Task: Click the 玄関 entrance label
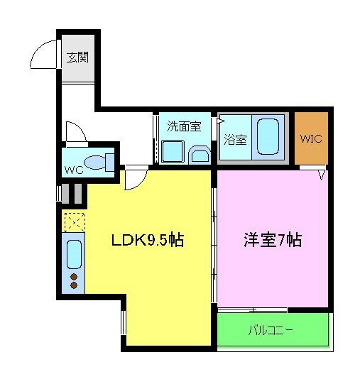(77, 57)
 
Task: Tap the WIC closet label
(311, 139)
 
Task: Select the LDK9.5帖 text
(148, 240)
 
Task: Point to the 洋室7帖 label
(273, 240)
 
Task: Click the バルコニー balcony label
(271, 330)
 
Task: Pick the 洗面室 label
(185, 126)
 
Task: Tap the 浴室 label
(235, 140)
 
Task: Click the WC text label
(74, 170)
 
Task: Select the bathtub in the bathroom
(268, 137)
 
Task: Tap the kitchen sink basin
(74, 254)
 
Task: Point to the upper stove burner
(74, 277)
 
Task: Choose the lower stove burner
(74, 285)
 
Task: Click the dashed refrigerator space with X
(75, 222)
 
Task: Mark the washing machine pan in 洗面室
(173, 151)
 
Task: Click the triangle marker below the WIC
(322, 175)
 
